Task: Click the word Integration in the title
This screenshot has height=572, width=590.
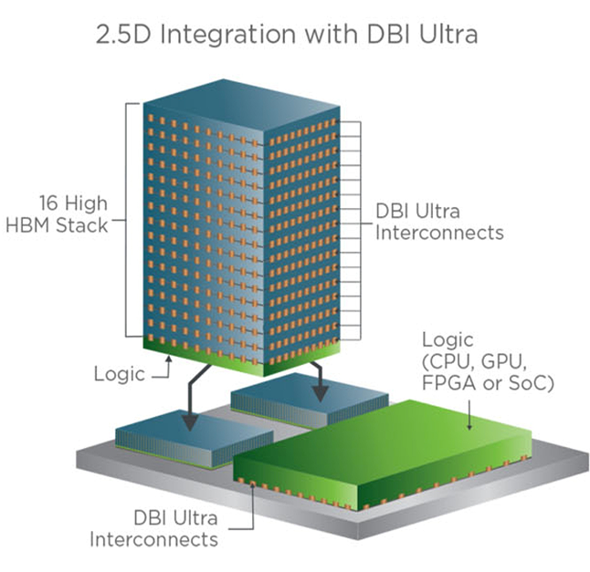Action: point(250,36)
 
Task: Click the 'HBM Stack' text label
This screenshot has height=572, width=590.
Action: point(68,224)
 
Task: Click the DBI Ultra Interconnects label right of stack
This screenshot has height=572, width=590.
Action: point(439,221)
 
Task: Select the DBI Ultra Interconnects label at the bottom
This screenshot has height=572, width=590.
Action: point(154,529)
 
